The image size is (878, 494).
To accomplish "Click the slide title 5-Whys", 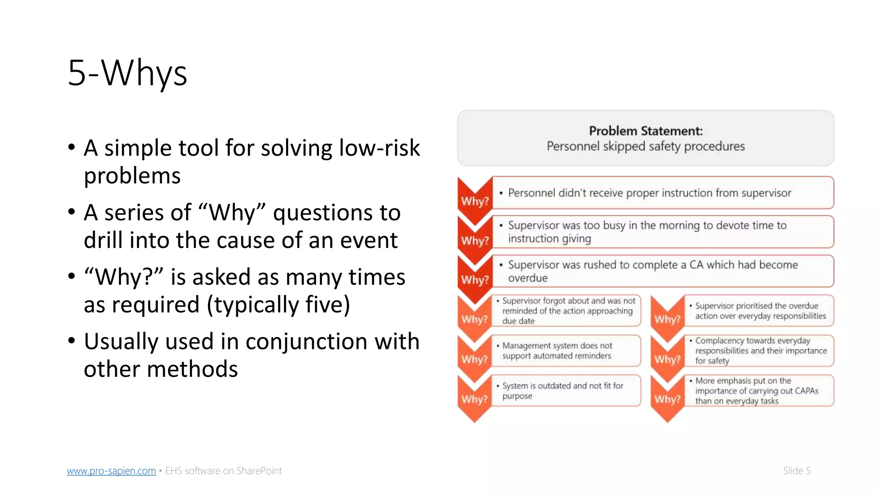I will click(127, 73).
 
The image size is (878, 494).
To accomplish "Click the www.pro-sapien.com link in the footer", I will click(111, 471).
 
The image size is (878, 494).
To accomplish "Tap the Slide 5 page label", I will click(797, 471).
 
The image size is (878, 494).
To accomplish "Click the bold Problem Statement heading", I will click(646, 131).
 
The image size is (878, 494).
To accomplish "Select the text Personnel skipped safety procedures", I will click(646, 147).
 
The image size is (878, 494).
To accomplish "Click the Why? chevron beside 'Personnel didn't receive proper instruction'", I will click(475, 200).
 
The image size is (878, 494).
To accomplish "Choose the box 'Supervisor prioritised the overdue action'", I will click(759, 311).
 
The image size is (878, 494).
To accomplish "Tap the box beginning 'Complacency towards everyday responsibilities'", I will click(759, 351).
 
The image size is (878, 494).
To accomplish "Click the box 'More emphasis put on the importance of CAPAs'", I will click(759, 391).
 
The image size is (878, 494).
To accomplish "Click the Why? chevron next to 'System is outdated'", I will click(474, 398).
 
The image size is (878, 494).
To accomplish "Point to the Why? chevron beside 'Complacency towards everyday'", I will click(667, 358).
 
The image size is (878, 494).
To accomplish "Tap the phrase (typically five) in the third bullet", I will click(278, 305).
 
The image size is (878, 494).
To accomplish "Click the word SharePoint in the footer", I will click(259, 471).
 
